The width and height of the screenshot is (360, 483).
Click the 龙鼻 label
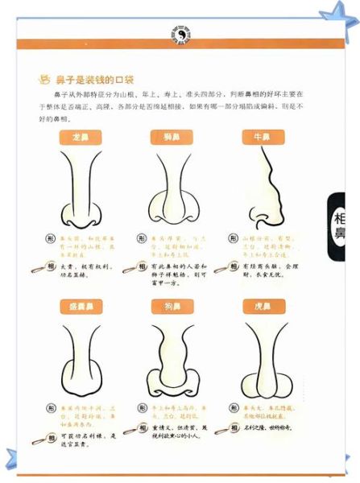[80, 138]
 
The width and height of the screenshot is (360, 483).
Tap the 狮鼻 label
[172, 138]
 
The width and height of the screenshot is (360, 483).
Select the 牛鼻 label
[263, 138]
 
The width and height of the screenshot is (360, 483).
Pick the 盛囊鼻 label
[80, 307]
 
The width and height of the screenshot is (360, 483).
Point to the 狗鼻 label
[172, 307]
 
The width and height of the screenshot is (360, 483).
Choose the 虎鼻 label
[263, 307]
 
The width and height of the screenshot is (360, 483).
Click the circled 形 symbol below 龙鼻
[50, 240]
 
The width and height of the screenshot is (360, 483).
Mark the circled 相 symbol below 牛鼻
[234, 266]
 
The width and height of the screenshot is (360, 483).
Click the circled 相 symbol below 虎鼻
[234, 429]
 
